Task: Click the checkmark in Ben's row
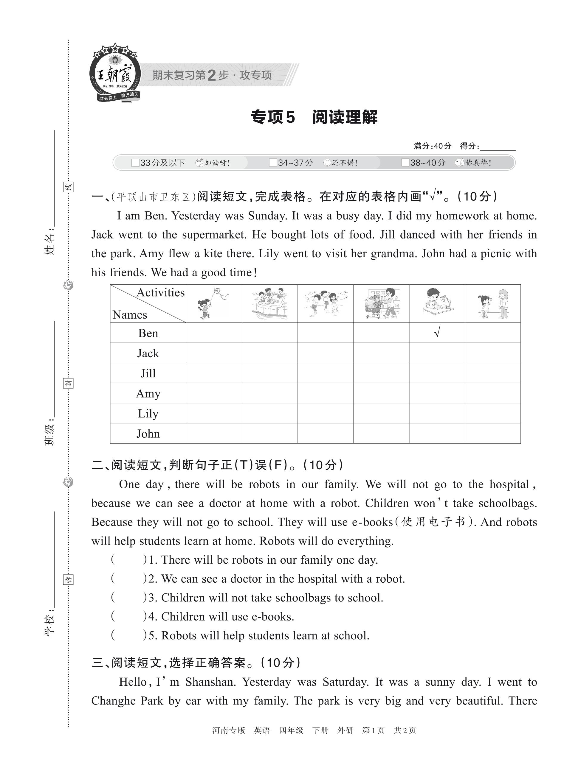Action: tap(437, 331)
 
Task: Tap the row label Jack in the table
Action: tap(148, 353)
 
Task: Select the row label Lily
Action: tap(148, 413)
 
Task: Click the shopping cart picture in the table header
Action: tap(381, 303)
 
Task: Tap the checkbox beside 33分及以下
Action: tap(135, 163)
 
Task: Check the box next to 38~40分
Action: tap(405, 163)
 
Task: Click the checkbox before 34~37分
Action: tap(273, 163)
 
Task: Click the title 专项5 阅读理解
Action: tap(314, 117)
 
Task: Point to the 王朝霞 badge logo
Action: tap(115, 73)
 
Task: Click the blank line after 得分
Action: tap(498, 147)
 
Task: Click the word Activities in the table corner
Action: tap(160, 293)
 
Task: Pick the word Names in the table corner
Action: tap(130, 314)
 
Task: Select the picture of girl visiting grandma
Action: tap(493, 303)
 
